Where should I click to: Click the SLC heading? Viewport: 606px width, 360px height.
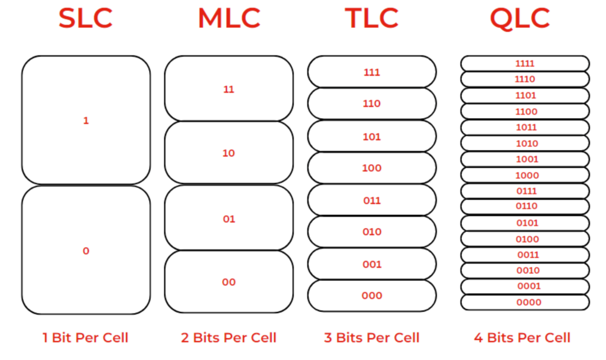pos(85,19)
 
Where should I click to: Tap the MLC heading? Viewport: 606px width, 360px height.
pos(229,19)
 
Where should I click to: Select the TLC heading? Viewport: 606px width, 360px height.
pos(371,19)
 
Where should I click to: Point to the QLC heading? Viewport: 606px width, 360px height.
pos(520,19)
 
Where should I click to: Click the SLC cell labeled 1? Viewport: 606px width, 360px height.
pos(86,120)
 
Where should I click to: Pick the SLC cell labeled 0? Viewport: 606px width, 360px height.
pos(86,250)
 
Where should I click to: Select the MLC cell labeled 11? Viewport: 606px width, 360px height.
pos(229,89)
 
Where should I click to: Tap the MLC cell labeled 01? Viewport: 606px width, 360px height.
pos(229,218)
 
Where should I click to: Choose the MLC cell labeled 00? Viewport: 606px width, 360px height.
pos(229,281)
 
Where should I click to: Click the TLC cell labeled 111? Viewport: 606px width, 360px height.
pos(371,72)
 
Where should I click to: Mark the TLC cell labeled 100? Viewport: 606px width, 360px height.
pos(371,168)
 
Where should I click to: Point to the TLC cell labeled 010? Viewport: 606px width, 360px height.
pos(371,232)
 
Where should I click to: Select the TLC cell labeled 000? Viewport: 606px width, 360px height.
pos(371,296)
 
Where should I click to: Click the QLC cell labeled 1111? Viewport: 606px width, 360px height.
pos(525,63)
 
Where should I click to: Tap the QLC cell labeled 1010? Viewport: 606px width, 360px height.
pos(525,143)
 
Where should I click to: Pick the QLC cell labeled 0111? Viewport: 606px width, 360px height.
pos(525,191)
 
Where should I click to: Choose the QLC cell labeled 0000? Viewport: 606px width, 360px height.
pos(525,302)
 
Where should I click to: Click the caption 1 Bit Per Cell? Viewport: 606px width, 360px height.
pos(85,338)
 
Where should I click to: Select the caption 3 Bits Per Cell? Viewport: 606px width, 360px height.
pos(371,338)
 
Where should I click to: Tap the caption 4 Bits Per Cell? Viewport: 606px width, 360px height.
pos(522,338)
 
